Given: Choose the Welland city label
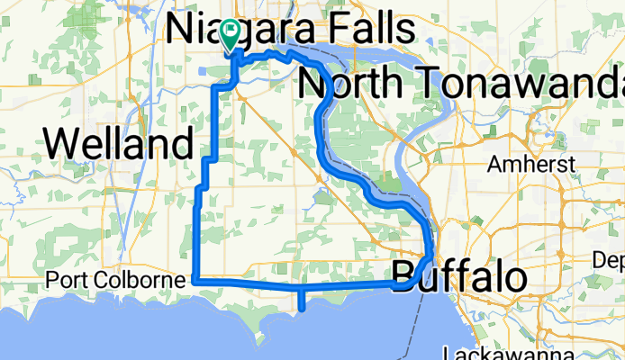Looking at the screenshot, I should [x=119, y=142].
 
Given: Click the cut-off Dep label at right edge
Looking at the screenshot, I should [x=609, y=260].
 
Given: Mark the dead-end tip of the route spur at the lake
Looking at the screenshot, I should [x=302, y=309].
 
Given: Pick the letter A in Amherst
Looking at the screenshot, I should [x=494, y=165].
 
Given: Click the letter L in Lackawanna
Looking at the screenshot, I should [x=449, y=353].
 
